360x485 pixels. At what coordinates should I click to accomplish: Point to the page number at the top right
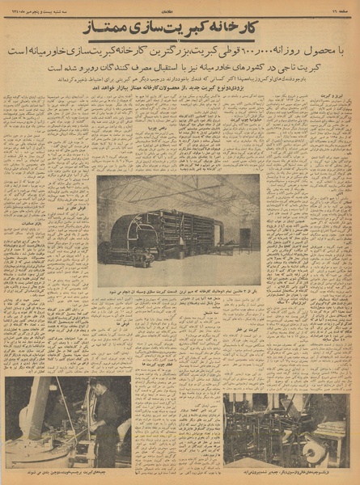(x=339, y=6)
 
